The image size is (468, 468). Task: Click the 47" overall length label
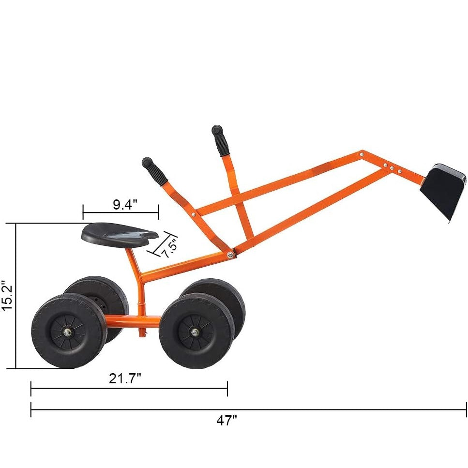pos(226,421)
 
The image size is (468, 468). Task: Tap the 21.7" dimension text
pos(125,378)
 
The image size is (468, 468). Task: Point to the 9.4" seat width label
pos(125,204)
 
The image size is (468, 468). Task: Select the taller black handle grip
pos(220,140)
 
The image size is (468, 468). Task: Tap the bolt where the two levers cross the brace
pos(194,213)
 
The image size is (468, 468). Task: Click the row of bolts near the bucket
pos(392,168)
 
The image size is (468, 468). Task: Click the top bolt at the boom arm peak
pos(362,153)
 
